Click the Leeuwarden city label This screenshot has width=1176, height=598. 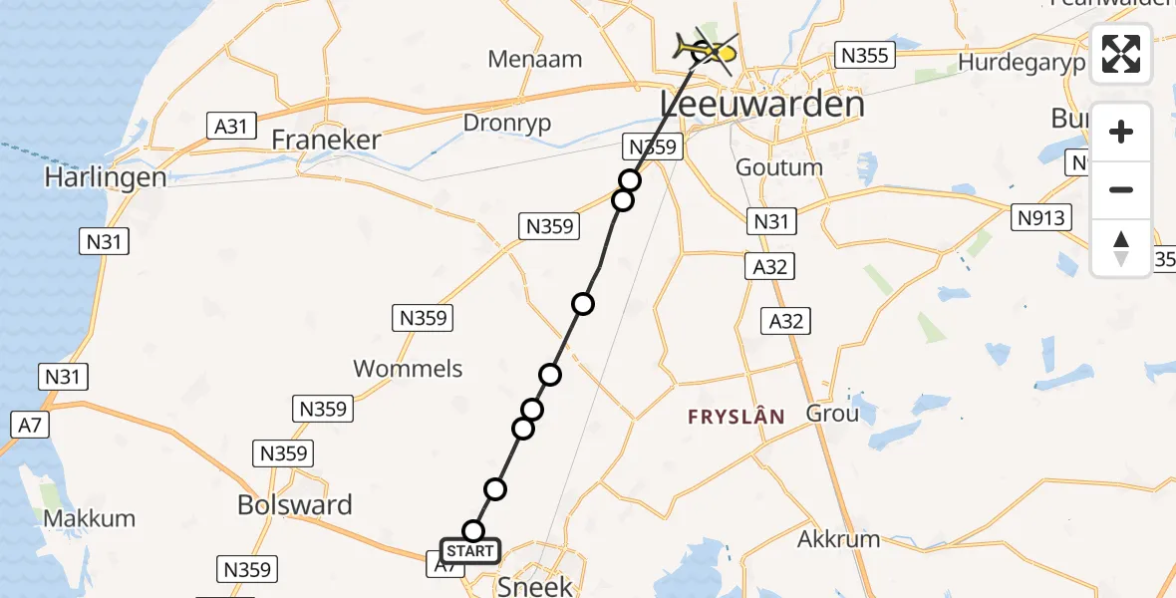tap(761, 105)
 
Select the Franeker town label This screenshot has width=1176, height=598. tap(326, 140)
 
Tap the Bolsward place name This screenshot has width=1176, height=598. tap(295, 505)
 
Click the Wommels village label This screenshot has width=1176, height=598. tap(408, 369)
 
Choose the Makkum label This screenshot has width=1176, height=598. tap(90, 519)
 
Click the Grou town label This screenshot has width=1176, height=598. tap(832, 413)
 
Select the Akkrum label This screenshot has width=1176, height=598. tap(839, 540)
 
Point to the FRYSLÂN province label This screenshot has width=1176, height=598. tap(736, 417)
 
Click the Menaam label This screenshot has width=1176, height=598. tap(535, 59)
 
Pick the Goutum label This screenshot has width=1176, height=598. tap(779, 167)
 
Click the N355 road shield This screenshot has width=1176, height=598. tap(864, 56)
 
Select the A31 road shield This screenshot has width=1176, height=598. tap(230, 126)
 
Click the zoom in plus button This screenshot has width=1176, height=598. tap(1121, 132)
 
